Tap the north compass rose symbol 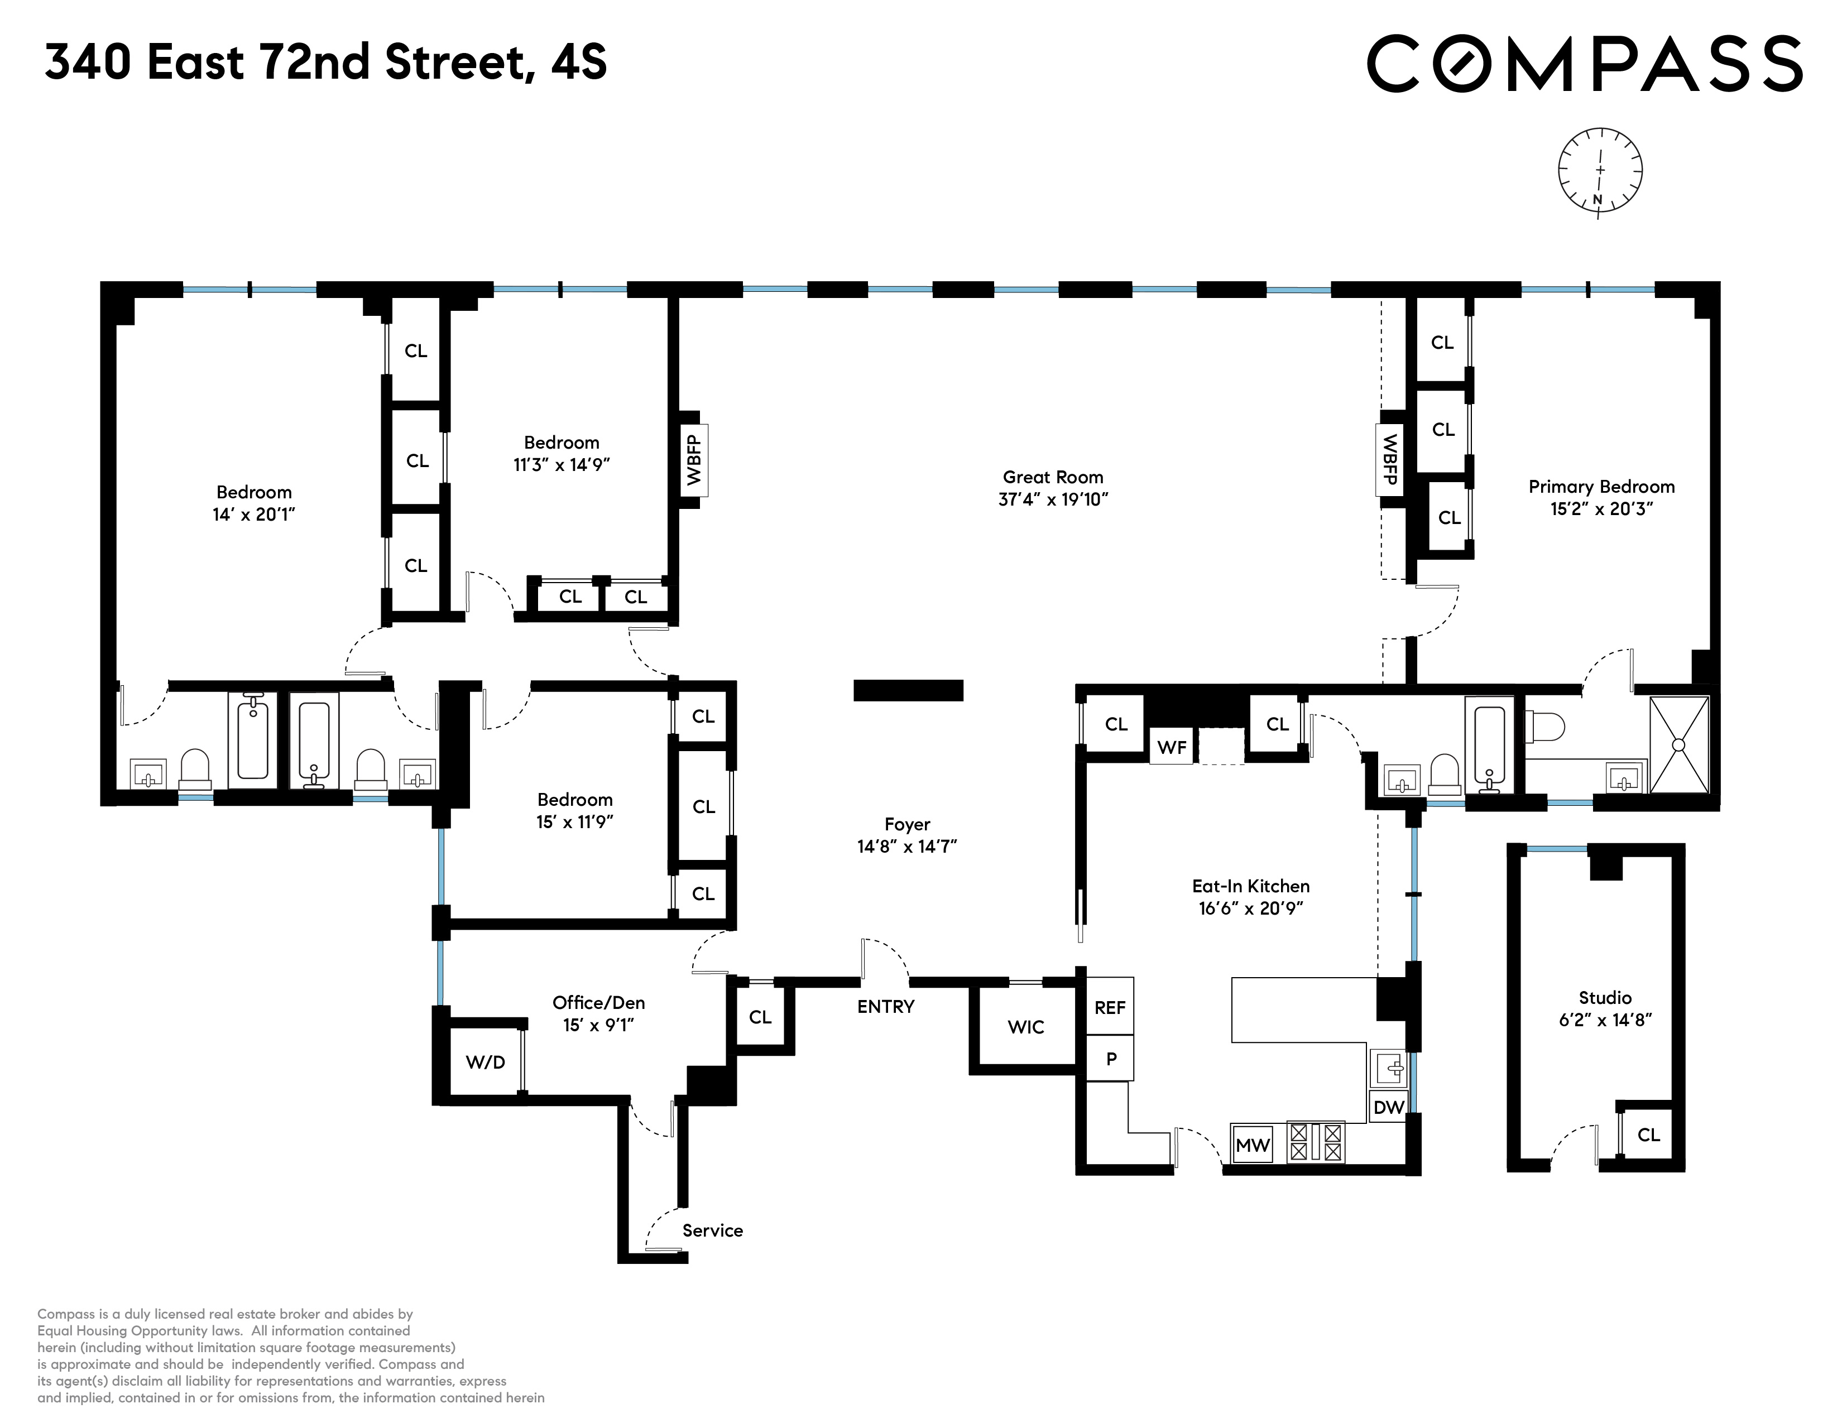1600,172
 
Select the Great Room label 1053,477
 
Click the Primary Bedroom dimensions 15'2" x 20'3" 1601,509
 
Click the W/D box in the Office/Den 485,1062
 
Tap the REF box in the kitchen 1109,1007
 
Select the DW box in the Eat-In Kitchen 1388,1107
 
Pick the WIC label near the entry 1025,1027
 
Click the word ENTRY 885,1006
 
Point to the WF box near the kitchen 1172,747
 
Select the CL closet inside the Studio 1648,1134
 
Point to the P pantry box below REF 1111,1059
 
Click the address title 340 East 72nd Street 325,63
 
